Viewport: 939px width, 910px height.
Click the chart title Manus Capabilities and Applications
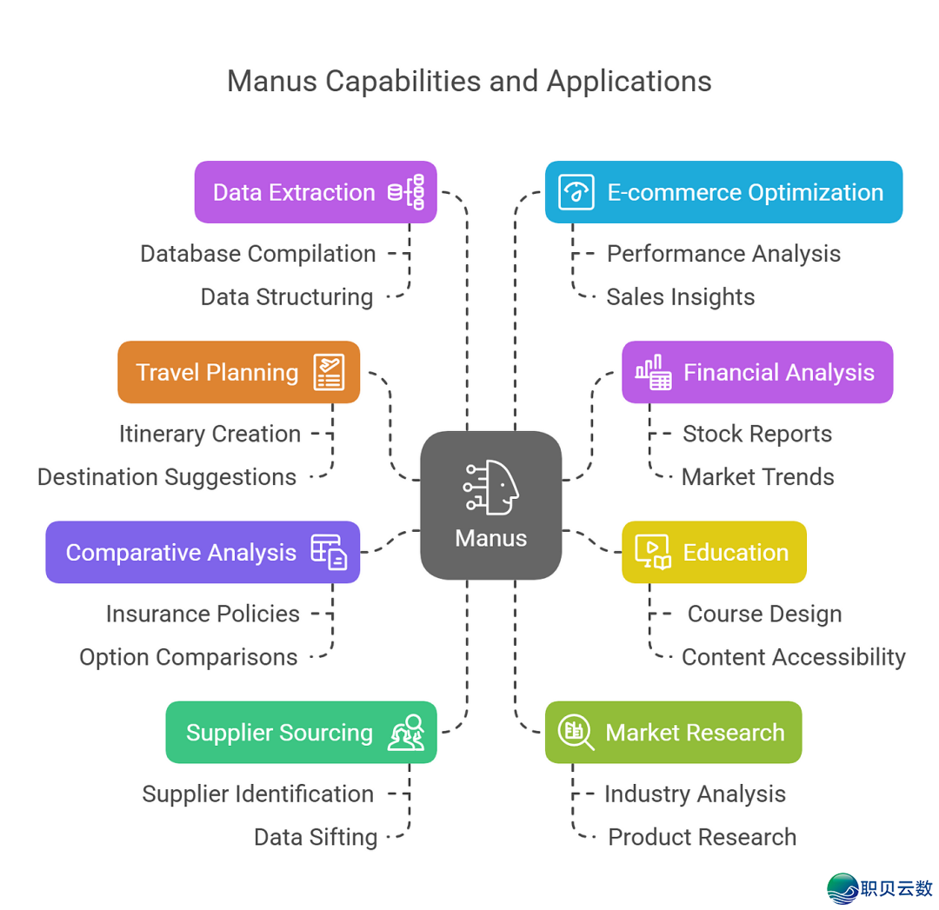pyautogui.click(x=469, y=81)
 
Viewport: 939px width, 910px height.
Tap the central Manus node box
pyautogui.click(x=490, y=505)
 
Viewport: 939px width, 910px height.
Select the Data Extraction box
pyautogui.click(x=315, y=192)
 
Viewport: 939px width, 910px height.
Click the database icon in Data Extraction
pyautogui.click(x=406, y=192)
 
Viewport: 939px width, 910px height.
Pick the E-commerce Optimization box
pyautogui.click(x=723, y=192)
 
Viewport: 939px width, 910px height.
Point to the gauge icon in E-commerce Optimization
pyautogui.click(x=576, y=192)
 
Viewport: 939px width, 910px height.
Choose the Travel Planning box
pyautogui.click(x=238, y=372)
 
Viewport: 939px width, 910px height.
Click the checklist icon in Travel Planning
pyautogui.click(x=329, y=372)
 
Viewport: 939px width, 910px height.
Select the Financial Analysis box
pyautogui.click(x=756, y=372)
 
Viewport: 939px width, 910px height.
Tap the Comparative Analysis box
pyautogui.click(x=203, y=552)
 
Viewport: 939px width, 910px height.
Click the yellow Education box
pyautogui.click(x=714, y=552)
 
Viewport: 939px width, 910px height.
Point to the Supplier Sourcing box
pyautogui.click(x=301, y=732)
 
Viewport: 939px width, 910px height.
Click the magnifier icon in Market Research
pyautogui.click(x=576, y=732)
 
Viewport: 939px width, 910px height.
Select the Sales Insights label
pyautogui.click(x=680, y=297)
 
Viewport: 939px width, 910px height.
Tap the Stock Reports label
pyautogui.click(x=756, y=434)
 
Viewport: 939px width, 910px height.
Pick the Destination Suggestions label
pyautogui.click(x=167, y=477)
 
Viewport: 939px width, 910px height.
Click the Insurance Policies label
pyautogui.click(x=203, y=614)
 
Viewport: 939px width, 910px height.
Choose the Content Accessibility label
pyautogui.click(x=793, y=657)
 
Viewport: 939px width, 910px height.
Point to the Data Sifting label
pyautogui.click(x=316, y=837)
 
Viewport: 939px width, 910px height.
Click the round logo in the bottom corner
pyautogui.click(x=841, y=888)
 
